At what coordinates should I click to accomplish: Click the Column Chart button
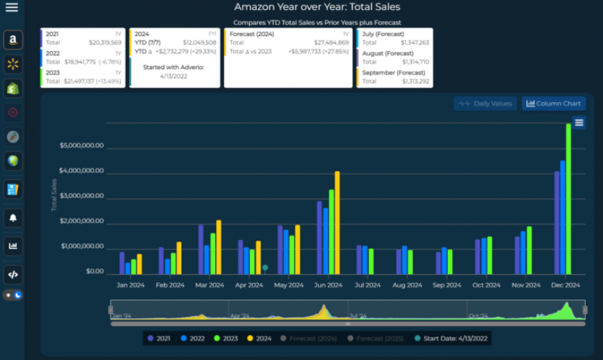(x=553, y=104)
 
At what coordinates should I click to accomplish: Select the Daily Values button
(x=485, y=104)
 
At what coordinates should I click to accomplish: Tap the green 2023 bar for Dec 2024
(x=568, y=199)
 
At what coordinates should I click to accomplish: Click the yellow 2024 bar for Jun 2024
(x=337, y=223)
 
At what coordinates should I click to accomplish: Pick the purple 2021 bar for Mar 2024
(x=201, y=249)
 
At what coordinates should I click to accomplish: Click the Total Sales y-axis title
(x=54, y=195)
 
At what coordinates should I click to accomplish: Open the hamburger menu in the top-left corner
(x=12, y=8)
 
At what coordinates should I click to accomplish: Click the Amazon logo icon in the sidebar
(x=13, y=40)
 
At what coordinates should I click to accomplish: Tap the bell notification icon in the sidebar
(x=13, y=217)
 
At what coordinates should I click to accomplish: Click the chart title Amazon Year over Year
(x=317, y=7)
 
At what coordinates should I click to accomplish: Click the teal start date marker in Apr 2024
(x=265, y=267)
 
